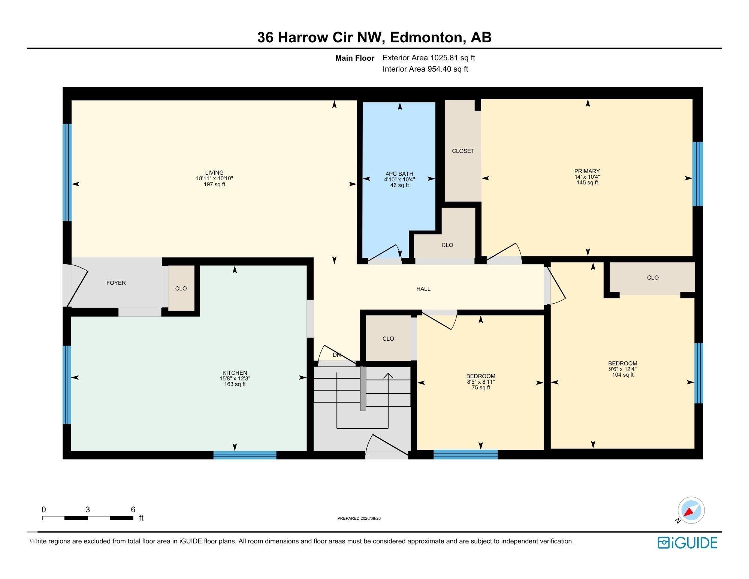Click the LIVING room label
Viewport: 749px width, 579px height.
click(x=214, y=173)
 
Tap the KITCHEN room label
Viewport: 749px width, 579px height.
click(x=235, y=373)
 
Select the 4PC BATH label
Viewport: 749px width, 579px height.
click(x=399, y=174)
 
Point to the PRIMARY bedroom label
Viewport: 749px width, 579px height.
click(x=587, y=171)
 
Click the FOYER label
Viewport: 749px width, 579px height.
click(x=116, y=283)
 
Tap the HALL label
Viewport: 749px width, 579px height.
click(x=423, y=289)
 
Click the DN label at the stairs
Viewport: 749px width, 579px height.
click(x=337, y=355)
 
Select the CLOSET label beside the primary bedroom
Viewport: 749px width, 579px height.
click(x=463, y=151)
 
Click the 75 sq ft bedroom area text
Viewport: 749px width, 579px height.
click(x=481, y=387)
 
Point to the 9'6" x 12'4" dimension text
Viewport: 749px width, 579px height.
click(x=623, y=369)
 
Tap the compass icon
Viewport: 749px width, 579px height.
click(x=691, y=510)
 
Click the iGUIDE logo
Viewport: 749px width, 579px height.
click(x=687, y=543)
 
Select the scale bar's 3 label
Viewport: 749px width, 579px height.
click(x=88, y=509)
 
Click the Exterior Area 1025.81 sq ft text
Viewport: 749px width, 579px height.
click(x=429, y=58)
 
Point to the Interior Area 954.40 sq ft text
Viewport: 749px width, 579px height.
click(x=425, y=69)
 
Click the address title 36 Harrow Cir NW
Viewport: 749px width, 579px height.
click(x=320, y=37)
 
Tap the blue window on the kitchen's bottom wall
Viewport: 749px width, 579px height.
click(x=245, y=455)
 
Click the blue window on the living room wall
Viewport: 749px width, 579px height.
click(x=67, y=172)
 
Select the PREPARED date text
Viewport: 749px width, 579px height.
click(x=359, y=518)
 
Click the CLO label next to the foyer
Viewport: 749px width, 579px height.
click(x=181, y=288)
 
